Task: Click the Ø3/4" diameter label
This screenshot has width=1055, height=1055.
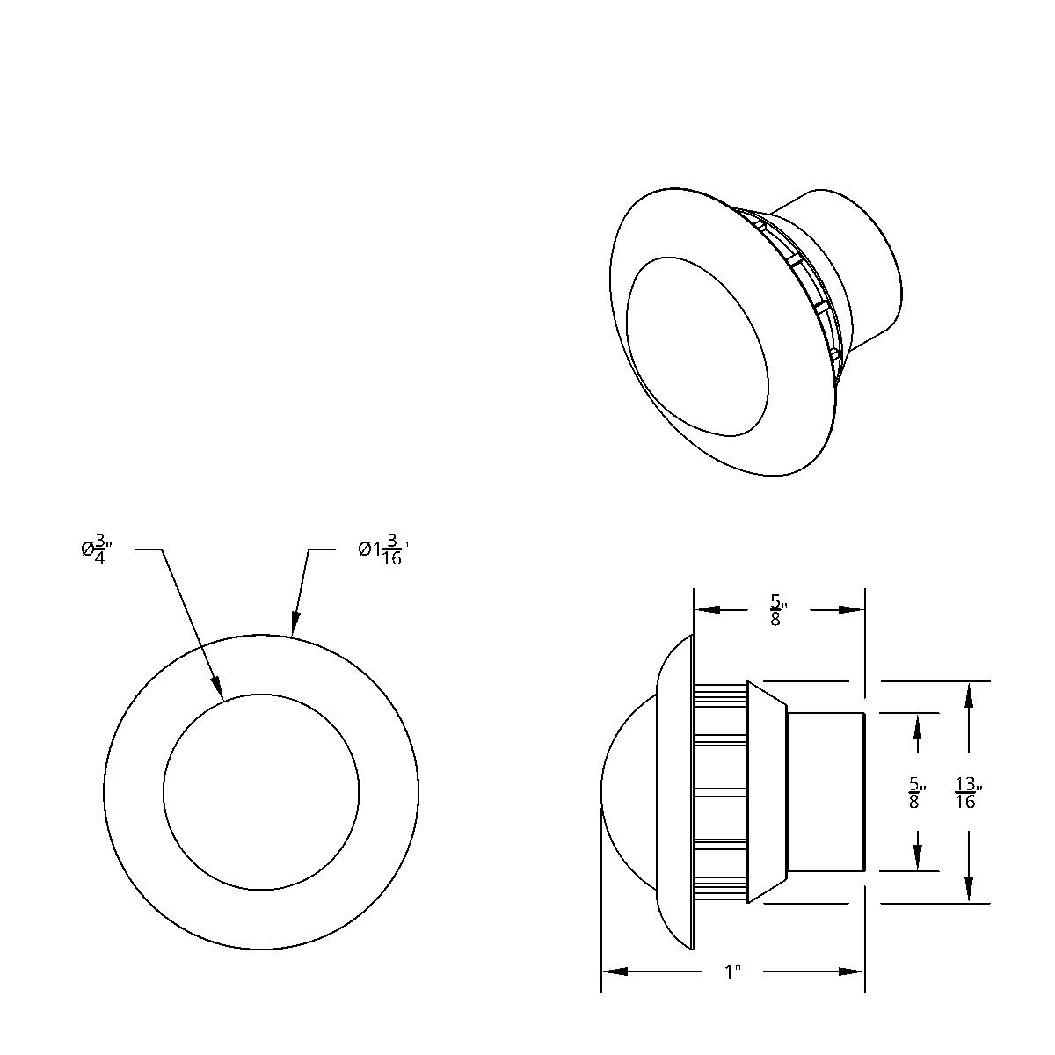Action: [96, 549]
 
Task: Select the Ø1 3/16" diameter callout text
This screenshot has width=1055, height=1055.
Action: [384, 550]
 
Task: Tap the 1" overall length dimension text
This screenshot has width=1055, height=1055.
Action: [731, 971]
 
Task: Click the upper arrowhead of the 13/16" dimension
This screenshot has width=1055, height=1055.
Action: [968, 694]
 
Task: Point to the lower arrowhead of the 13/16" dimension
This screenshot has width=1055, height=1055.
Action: [968, 890]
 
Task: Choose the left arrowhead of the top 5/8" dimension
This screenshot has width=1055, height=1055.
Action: [708, 609]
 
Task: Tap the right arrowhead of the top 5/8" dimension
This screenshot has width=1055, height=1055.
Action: [851, 609]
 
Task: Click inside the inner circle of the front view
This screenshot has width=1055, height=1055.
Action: [261, 791]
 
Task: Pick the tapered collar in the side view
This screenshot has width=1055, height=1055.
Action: [765, 791]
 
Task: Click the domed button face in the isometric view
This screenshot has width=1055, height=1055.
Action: [695, 347]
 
